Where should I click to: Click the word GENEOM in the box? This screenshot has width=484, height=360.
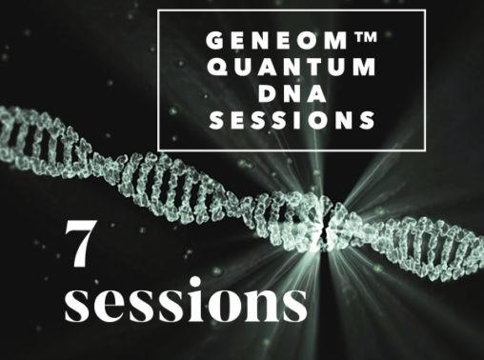pos(277,41)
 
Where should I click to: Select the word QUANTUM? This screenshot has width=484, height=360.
pos(292,67)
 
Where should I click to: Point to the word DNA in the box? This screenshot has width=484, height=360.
pos(292,93)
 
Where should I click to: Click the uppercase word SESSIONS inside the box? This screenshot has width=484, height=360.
pos(292,120)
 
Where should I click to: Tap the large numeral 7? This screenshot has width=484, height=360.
pos(79,243)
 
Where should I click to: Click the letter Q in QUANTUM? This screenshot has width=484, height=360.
pos(218,68)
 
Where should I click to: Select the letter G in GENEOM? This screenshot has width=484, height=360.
pos(215,41)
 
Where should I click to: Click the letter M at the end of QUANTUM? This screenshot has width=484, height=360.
pos(366,67)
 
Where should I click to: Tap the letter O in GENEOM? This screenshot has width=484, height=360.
pos(312,41)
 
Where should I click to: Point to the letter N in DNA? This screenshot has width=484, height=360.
pos(291,93)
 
